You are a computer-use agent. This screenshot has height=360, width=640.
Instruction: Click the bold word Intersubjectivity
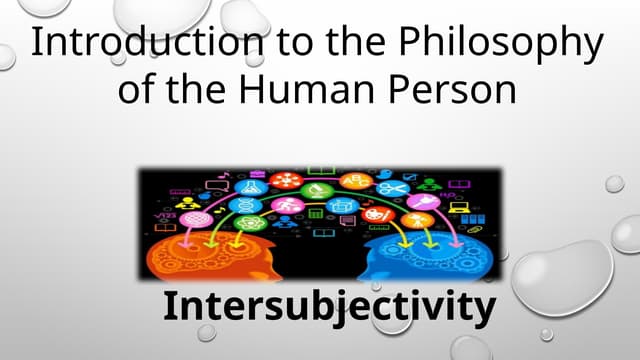(329, 306)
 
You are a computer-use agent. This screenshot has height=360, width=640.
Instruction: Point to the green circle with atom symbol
(252, 222)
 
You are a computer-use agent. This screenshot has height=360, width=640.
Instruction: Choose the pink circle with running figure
(283, 206)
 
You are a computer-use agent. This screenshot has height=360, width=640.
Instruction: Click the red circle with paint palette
(389, 209)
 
